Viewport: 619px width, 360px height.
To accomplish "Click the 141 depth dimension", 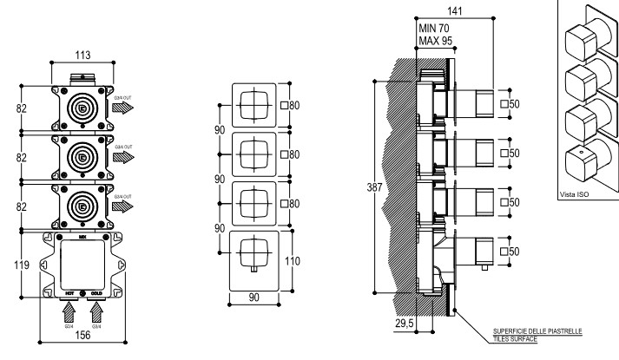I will click(455, 10).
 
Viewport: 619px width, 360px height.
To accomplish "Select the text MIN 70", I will click(436, 28).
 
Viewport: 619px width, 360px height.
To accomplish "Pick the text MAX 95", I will click(437, 40).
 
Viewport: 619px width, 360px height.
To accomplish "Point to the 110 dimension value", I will click(294, 260).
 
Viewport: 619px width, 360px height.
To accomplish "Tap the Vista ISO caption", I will click(575, 194).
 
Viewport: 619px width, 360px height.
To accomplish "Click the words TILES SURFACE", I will click(515, 339).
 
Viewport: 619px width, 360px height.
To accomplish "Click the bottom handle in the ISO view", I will click(581, 161).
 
